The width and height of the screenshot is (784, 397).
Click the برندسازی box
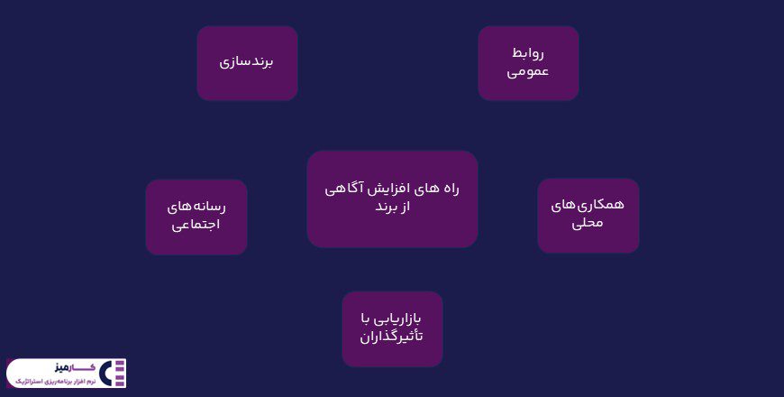point(247,62)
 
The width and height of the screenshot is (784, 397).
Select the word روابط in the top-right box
point(528,52)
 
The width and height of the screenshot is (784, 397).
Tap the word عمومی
point(528,71)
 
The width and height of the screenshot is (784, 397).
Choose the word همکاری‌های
point(588,204)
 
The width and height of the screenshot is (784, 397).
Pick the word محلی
point(588,223)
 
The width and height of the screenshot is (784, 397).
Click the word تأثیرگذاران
point(392,337)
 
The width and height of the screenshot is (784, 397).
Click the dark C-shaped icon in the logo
point(106,373)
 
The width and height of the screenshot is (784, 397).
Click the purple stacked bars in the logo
point(121,373)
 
